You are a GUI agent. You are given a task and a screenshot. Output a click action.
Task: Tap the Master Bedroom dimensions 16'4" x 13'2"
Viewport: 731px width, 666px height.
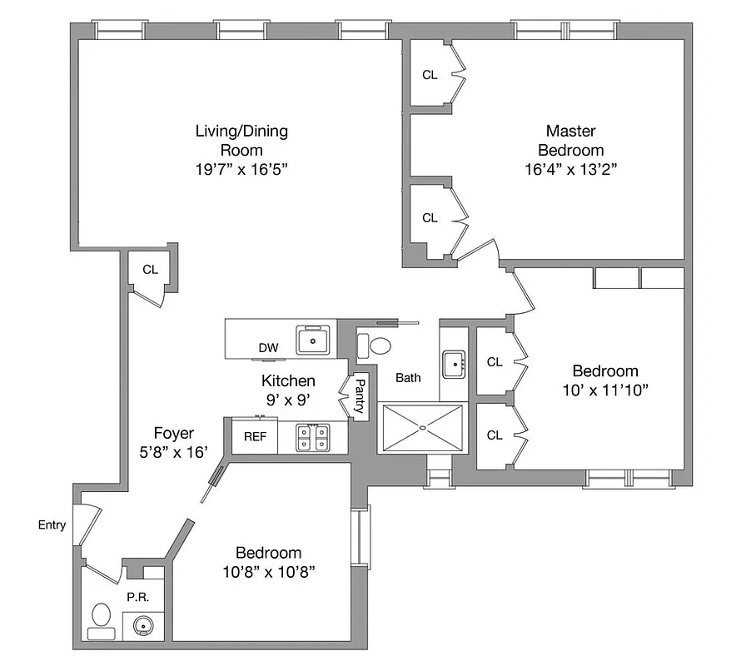coord(570,169)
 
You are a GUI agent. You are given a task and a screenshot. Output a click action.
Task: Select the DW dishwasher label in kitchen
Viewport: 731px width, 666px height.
coord(268,348)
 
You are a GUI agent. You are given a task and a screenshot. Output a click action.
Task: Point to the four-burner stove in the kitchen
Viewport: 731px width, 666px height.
coord(312,437)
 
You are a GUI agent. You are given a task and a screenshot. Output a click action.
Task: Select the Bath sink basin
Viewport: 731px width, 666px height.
coord(453,363)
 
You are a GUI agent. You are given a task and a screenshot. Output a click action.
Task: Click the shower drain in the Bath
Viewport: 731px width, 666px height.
coord(422,428)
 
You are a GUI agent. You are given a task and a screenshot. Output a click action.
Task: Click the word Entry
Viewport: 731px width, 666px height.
coord(52,525)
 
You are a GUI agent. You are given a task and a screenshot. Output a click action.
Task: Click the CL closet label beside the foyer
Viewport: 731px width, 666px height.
coord(150,269)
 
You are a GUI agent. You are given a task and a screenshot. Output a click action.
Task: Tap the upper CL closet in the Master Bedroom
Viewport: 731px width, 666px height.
coord(430,75)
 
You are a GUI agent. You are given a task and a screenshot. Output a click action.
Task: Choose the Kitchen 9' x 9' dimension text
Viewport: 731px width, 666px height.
coord(288,400)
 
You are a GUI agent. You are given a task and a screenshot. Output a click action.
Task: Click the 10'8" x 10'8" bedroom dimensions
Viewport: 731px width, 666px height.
coord(268,571)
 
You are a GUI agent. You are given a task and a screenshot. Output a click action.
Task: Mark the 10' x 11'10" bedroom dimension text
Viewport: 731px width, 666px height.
coord(605,389)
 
